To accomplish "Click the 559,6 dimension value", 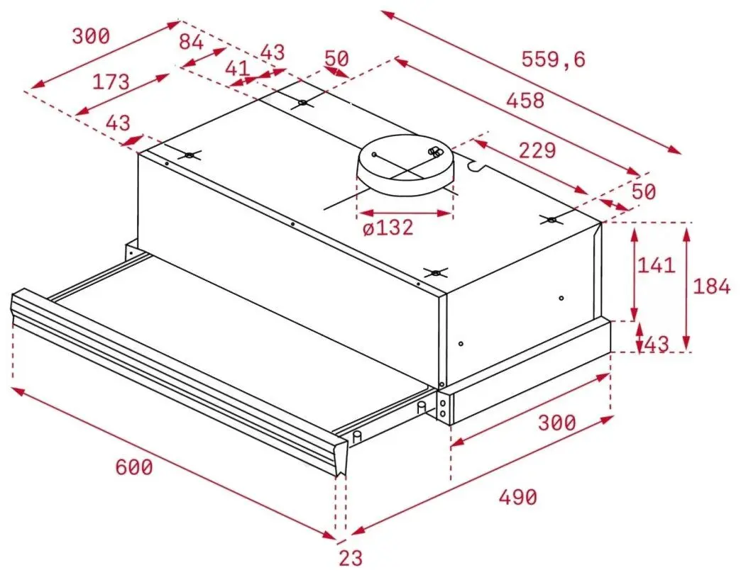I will coord(554,60).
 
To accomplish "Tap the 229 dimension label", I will coord(536,150).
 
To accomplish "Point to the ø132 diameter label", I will coord(387,229).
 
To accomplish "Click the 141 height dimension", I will coord(655,265).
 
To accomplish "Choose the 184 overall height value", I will coord(711,286).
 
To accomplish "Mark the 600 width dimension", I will coord(133,467).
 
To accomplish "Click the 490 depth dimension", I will coord(517,497).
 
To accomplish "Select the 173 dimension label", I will coord(111,82).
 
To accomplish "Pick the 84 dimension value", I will coord(191,43).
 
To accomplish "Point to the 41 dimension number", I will coord(237,69).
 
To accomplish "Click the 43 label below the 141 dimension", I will coord(657,345).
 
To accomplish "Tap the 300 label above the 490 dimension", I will coord(556,423).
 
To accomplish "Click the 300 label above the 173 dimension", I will coord(91,36).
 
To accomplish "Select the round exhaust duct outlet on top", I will coord(405,164).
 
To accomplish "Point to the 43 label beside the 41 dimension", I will coord(273,52).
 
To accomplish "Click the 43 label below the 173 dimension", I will coord(118,123).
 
